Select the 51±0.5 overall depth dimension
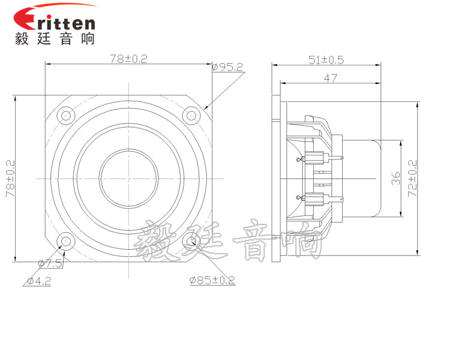coord(325,59)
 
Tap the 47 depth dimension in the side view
coord(331,78)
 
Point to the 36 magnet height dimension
coord(395,178)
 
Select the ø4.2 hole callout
coord(38,280)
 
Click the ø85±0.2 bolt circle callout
coord(212,280)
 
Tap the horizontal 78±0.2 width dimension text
coord(128,59)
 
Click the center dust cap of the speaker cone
coord(128,178)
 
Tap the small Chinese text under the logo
coord(55,39)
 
